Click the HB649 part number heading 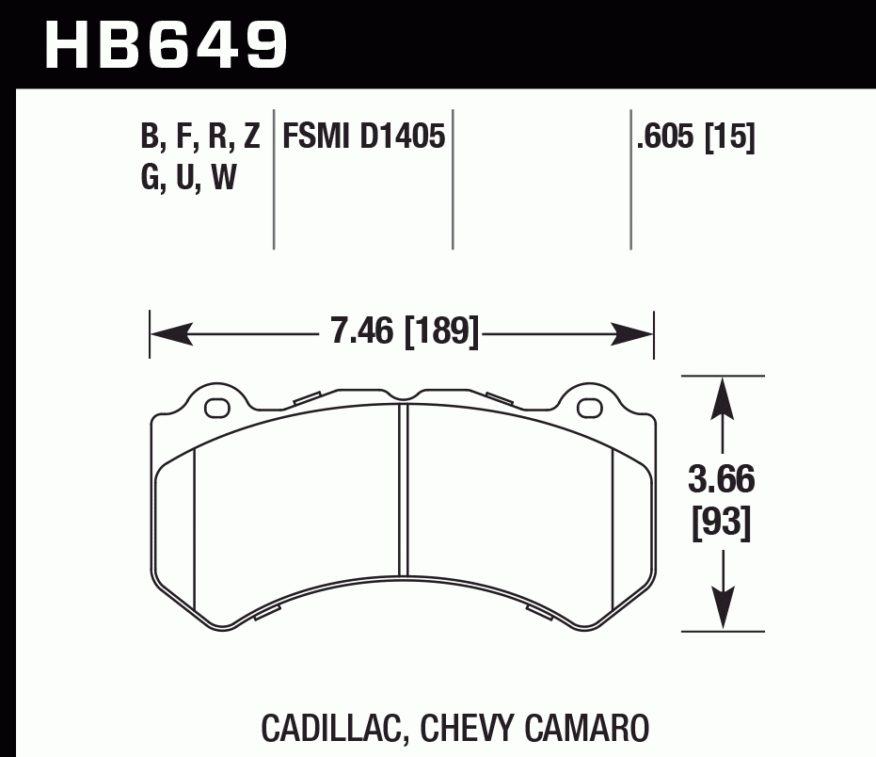[x=166, y=44]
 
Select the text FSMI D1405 [x=363, y=138]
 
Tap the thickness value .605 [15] [x=695, y=138]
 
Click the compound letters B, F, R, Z [x=199, y=138]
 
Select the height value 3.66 [x=722, y=481]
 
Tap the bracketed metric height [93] [x=722, y=523]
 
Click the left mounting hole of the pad [x=217, y=408]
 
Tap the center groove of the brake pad [x=404, y=490]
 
